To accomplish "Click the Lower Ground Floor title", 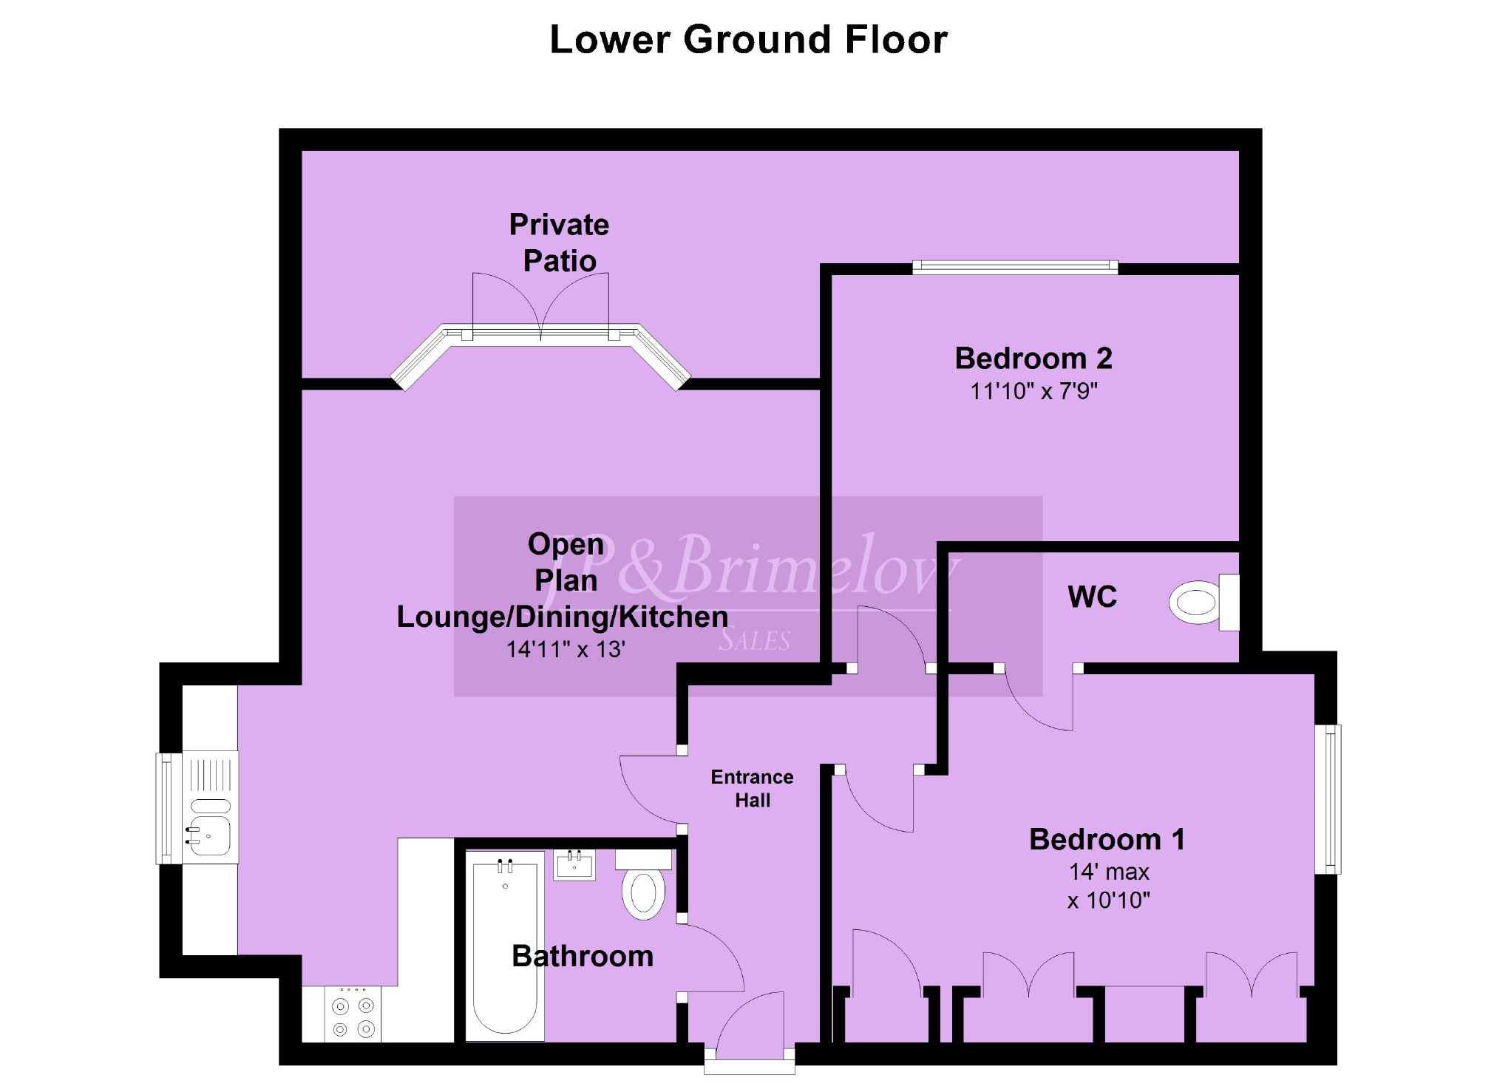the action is point(748,39).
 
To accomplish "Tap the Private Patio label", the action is point(560,242).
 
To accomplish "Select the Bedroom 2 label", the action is point(1033,359).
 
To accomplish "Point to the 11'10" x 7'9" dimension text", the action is point(1033,391).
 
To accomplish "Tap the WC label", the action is point(1093,597).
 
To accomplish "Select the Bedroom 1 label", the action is point(1107,840).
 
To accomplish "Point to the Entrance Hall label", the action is point(753,789).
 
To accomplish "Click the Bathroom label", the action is point(583,957).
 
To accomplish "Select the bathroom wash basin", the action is point(574,865).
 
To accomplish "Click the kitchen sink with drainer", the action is point(210,808).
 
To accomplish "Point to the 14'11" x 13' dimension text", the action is point(566,650).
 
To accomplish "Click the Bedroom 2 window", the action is point(1015,268).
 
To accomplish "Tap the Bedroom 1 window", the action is point(1332,799).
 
